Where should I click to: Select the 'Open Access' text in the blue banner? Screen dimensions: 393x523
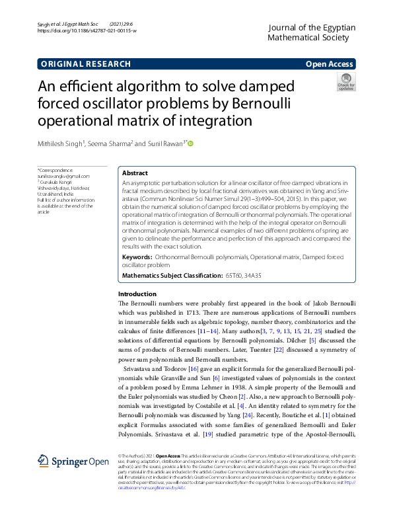click(330, 64)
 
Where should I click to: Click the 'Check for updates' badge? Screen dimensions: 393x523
click(346, 82)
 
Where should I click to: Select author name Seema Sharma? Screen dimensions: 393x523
click(112, 143)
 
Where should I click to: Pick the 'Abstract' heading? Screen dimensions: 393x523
click(135, 173)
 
